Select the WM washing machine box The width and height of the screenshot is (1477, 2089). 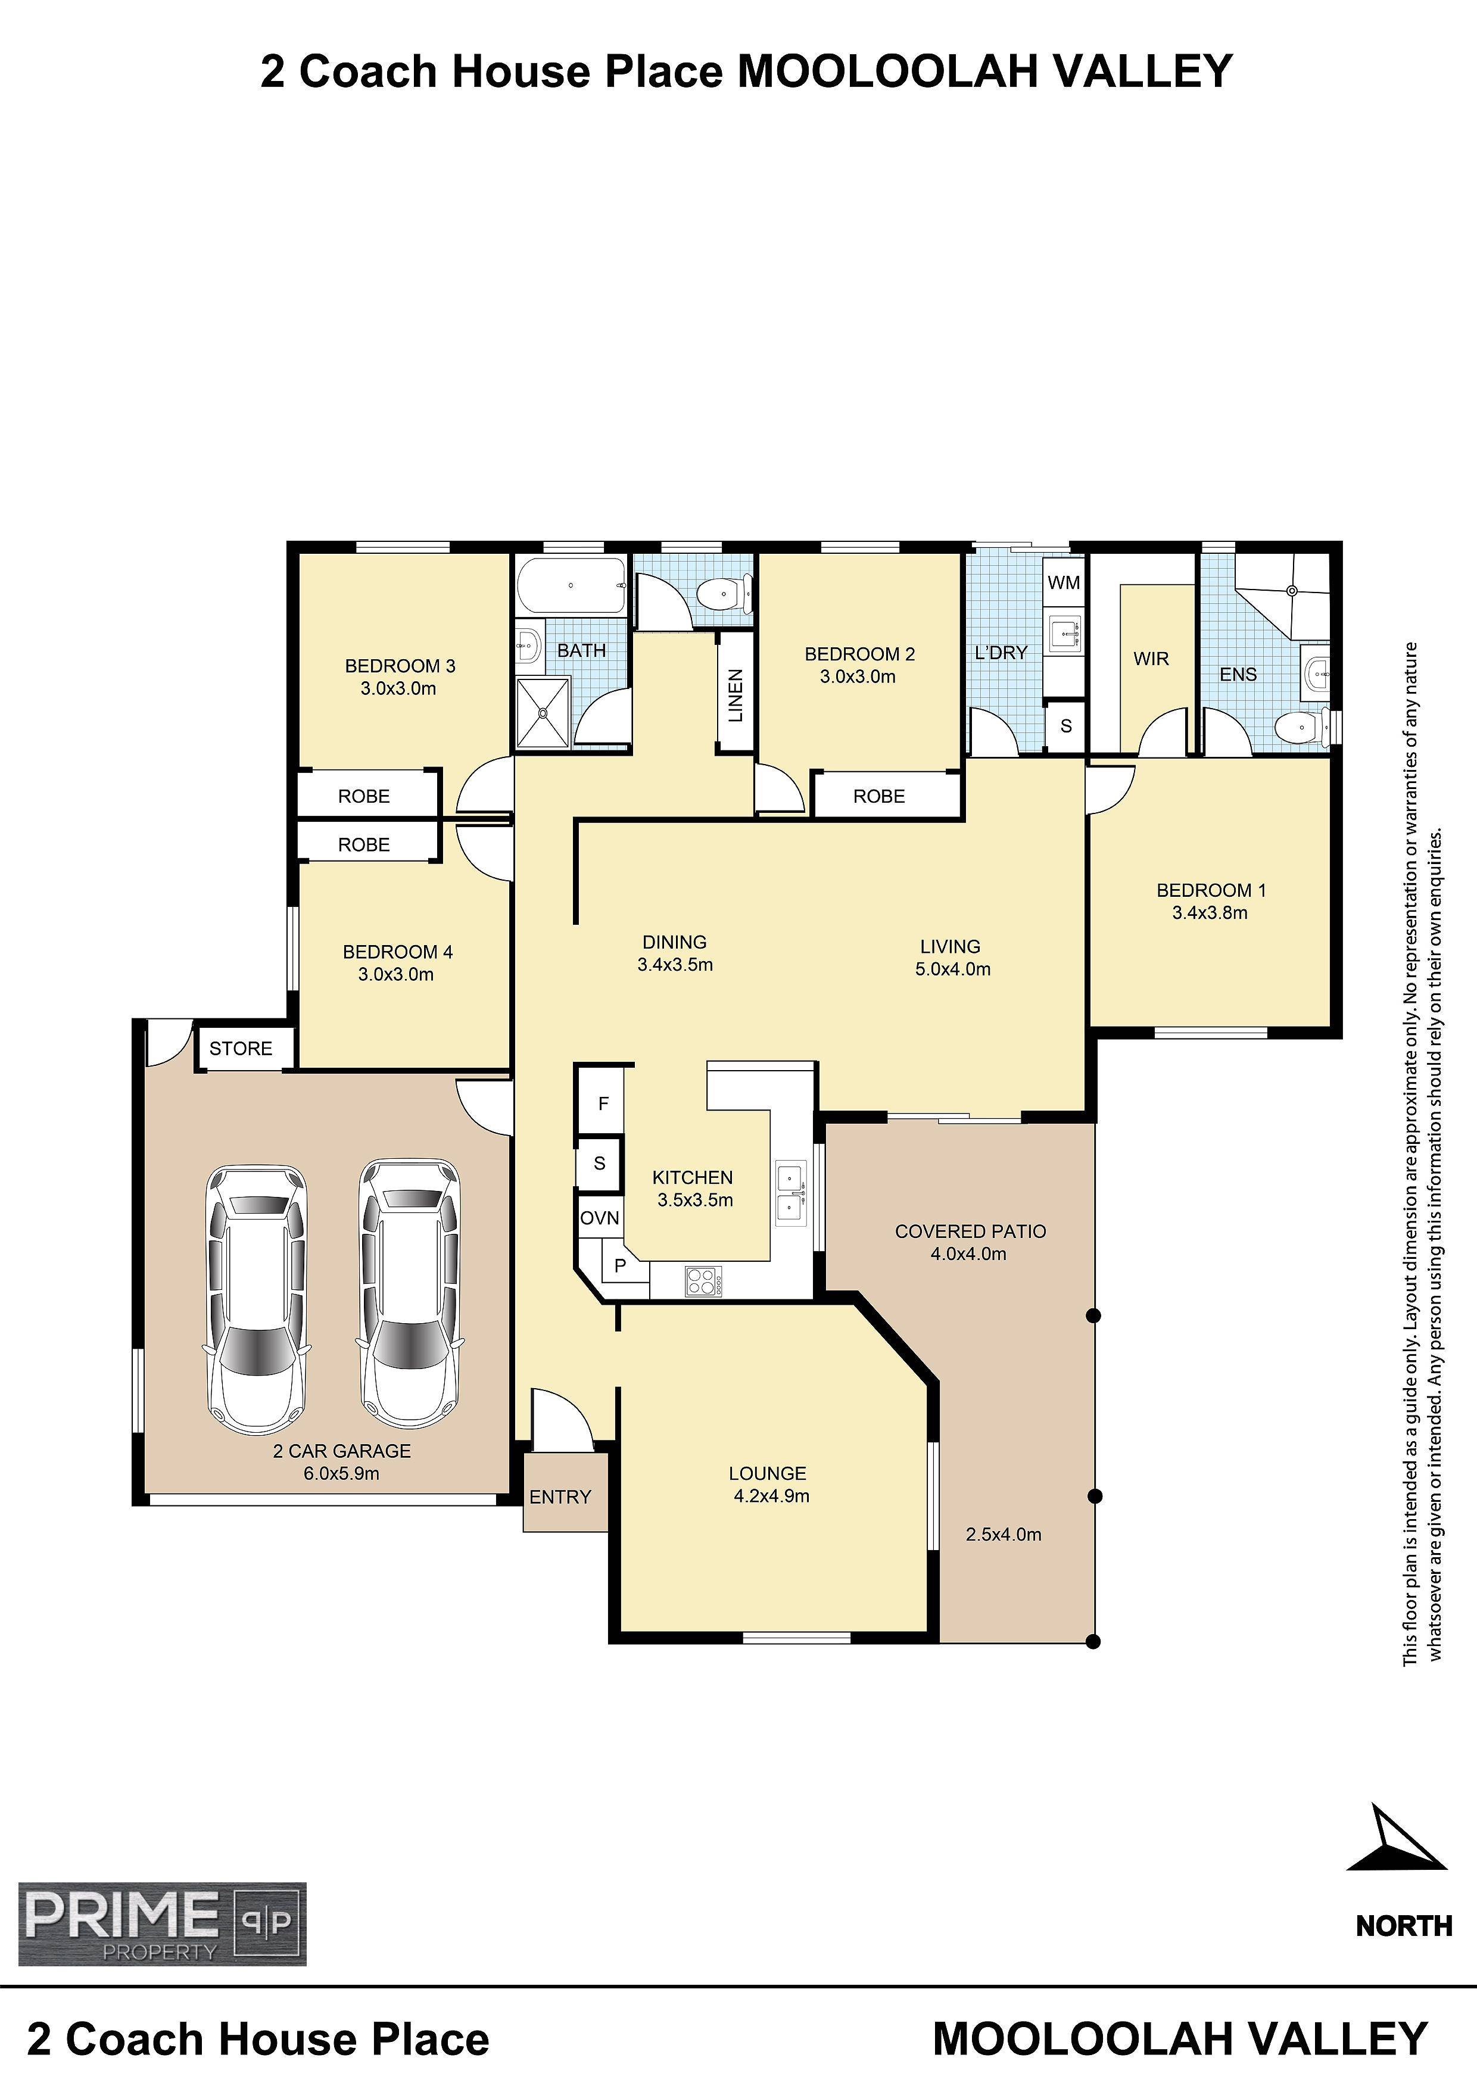[x=1064, y=582]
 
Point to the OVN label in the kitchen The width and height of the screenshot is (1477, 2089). [x=600, y=1217]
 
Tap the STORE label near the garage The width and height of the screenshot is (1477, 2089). [x=241, y=1048]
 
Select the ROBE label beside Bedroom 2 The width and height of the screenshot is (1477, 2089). [x=879, y=796]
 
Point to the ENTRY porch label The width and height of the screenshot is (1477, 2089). [x=560, y=1496]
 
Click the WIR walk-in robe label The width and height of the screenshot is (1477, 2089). [x=1151, y=658]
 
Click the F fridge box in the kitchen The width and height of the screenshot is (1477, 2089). [x=603, y=1103]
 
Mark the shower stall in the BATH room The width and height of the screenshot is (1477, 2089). [x=543, y=714]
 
